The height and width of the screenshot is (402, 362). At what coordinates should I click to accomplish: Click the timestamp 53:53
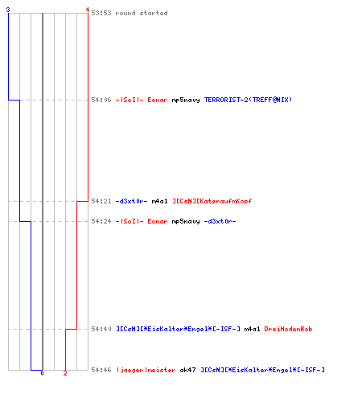(101, 13)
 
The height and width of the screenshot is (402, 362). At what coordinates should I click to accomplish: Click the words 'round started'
(142, 13)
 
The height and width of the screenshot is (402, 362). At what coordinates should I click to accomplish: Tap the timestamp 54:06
(101, 100)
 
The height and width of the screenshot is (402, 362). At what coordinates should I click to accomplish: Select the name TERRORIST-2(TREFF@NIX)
(248, 100)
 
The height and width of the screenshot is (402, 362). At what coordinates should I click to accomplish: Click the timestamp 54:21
(101, 201)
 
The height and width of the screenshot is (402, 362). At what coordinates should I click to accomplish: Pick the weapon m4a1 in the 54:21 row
(159, 201)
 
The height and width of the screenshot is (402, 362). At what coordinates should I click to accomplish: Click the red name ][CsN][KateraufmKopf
(212, 201)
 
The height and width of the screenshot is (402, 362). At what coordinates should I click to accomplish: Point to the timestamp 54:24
(101, 221)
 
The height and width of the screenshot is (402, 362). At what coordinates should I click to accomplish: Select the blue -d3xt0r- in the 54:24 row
(220, 221)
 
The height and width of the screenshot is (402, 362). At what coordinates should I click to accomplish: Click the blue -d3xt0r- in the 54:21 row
(131, 201)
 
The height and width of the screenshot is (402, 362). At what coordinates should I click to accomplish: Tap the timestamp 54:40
(101, 329)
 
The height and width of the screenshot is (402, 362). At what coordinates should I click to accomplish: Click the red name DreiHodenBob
(288, 329)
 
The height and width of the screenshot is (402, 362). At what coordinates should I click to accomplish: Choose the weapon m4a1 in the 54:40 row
(252, 329)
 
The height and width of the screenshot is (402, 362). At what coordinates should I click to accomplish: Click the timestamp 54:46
(101, 370)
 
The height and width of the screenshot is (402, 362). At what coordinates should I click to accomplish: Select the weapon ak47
(187, 370)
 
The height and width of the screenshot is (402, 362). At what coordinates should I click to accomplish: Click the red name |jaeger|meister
(146, 370)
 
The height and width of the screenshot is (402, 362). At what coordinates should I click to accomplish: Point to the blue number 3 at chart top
(8, 10)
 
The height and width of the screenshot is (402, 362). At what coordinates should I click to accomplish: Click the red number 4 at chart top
(88, 10)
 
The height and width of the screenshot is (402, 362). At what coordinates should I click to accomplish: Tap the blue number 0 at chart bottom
(42, 373)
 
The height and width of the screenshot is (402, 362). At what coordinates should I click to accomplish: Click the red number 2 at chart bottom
(65, 373)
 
